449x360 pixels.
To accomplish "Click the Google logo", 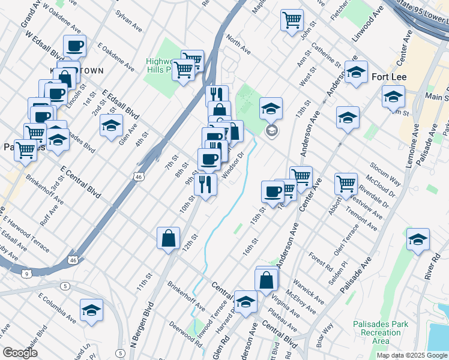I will click(20, 353).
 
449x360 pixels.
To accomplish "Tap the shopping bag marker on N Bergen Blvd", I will click(168, 238).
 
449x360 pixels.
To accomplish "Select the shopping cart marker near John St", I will click(292, 20).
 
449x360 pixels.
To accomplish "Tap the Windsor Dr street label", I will click(233, 163).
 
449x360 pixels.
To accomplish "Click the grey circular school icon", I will click(271, 131).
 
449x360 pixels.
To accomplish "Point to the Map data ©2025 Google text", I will click(412, 355).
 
